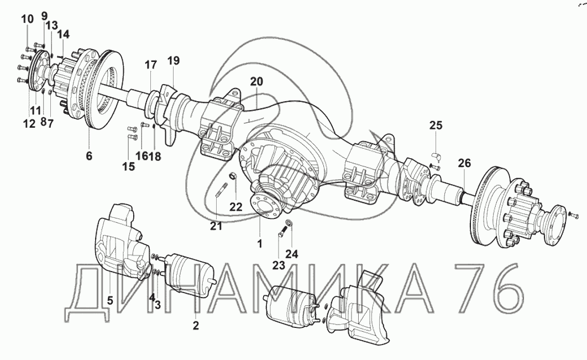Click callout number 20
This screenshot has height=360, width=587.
pos(257,81)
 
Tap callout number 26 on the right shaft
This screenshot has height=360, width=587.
pos(464,163)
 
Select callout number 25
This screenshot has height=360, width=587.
pos(436,125)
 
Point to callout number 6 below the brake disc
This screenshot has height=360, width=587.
pos(89,155)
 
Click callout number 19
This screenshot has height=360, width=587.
pos(174,60)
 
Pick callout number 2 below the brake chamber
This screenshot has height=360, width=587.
pos(196,325)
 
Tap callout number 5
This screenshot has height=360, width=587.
pos(110,300)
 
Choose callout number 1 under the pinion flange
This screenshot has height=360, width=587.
pos(259,244)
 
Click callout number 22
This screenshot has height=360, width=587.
pos(236,207)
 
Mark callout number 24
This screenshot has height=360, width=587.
pos(292,254)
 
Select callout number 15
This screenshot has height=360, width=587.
pos(128,166)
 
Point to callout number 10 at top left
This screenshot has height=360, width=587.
pos(27,18)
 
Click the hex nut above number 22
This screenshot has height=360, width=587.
pos(232,176)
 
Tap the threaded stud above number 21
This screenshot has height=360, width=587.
pos(220,189)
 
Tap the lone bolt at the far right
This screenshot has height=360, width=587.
pos(573,214)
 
